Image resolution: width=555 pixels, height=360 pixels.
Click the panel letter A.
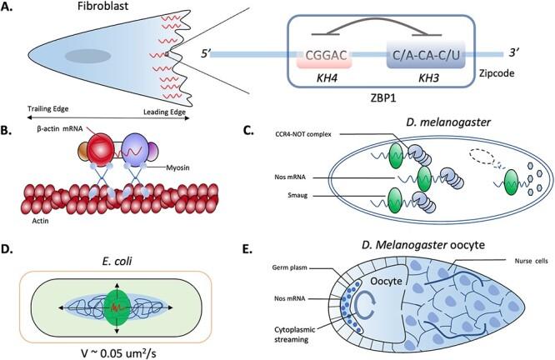10,10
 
